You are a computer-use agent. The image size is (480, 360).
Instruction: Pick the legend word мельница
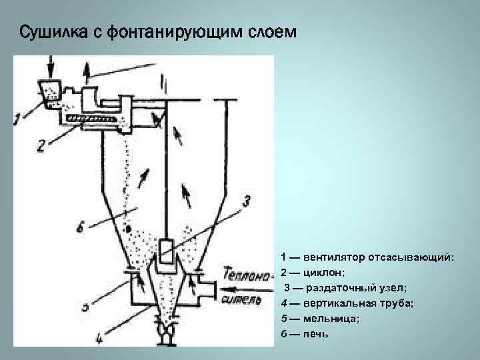coord(331,318)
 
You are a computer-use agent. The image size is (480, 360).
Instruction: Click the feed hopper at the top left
coord(48,91)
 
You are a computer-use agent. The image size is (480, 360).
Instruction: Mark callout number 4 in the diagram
coord(99,338)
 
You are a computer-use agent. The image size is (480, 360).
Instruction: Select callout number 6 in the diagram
coord(81,230)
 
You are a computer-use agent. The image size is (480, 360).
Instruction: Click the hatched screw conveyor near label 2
coord(93,119)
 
